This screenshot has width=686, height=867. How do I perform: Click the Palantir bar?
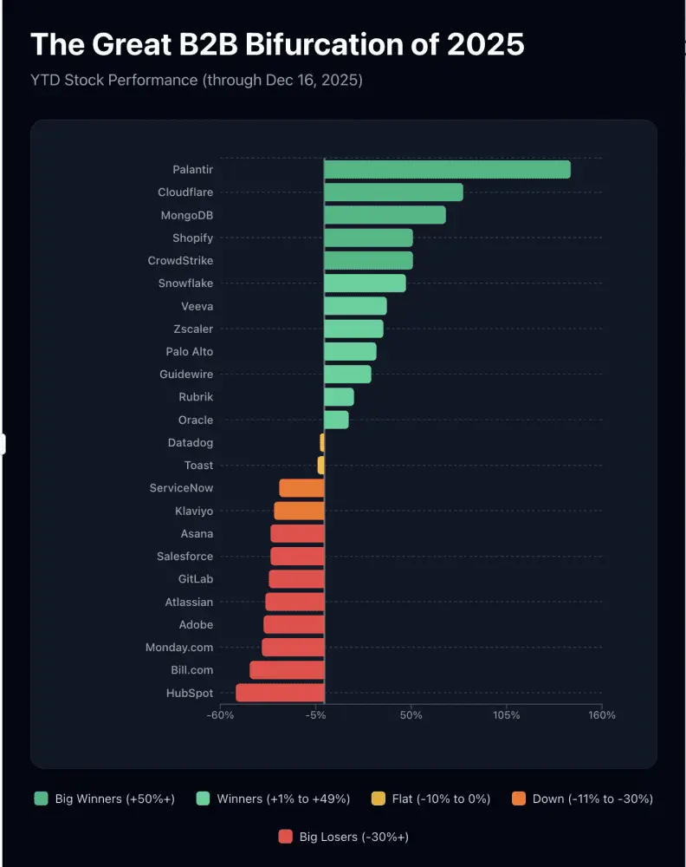[x=448, y=169]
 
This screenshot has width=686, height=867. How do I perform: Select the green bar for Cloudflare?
[x=394, y=192]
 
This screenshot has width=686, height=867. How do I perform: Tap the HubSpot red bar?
[x=280, y=693]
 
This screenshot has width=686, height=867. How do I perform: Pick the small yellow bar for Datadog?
[x=322, y=442]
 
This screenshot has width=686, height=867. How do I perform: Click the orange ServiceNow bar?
[x=301, y=487]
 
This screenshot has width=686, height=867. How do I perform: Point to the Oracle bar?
[x=336, y=420]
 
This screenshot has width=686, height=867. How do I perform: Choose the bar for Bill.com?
[x=287, y=670]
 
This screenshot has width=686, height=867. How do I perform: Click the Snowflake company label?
[x=185, y=284]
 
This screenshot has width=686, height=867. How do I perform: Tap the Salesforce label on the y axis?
[x=184, y=557]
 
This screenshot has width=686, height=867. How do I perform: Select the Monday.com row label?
[x=179, y=648]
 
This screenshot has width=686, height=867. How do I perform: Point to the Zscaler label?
[x=193, y=329]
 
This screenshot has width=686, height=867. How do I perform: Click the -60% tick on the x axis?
[x=220, y=715]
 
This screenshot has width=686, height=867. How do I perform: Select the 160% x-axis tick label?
[x=601, y=715]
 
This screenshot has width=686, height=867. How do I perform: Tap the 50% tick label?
[x=411, y=715]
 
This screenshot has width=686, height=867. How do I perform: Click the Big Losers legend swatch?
[x=286, y=837]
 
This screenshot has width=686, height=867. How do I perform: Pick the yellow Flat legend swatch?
[x=379, y=799]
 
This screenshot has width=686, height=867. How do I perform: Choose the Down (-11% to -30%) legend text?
[x=592, y=799]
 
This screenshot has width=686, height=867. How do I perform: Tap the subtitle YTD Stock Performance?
[x=114, y=80]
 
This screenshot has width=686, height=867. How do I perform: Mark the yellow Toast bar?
[x=320, y=465]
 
